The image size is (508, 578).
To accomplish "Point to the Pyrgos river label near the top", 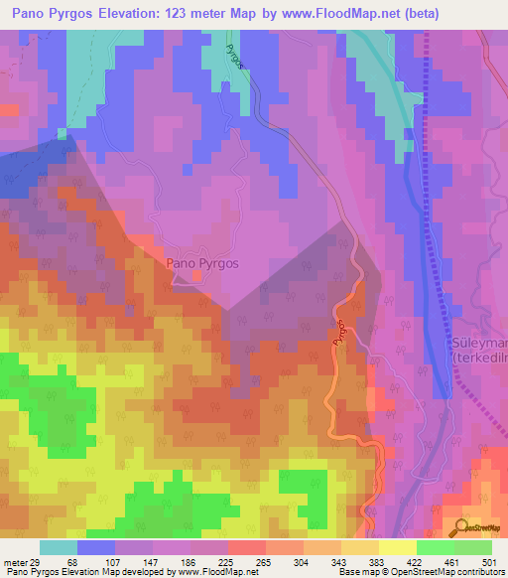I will click(x=233, y=56).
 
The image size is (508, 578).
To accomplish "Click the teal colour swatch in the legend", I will click(x=59, y=547).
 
